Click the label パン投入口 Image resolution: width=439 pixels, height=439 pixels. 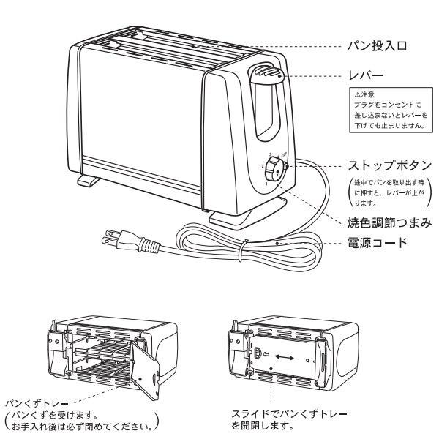click(x=377, y=46)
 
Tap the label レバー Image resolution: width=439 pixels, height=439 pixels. click(x=365, y=75)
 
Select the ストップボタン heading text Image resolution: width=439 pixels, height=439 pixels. click(x=390, y=165)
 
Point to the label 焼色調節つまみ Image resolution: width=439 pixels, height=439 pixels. click(x=389, y=223)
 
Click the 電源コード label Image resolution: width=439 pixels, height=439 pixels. click(x=377, y=242)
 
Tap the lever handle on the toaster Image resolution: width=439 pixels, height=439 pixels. click(x=266, y=73)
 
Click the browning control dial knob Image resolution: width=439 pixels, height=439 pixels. click(x=274, y=169)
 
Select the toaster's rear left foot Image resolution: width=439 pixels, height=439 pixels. click(x=88, y=181)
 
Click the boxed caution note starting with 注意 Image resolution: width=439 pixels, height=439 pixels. click(x=391, y=110)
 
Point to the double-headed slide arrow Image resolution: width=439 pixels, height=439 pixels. click(x=285, y=357)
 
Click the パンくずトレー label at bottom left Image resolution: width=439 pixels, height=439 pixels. click(x=37, y=404)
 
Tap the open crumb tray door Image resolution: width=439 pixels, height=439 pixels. click(x=145, y=370)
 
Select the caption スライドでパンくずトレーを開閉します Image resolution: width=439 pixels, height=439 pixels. click(x=289, y=420)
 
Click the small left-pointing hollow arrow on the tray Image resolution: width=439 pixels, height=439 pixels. click(x=266, y=354)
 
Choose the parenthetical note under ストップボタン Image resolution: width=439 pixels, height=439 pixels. click(x=389, y=193)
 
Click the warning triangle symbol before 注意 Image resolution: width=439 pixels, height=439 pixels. click(x=357, y=94)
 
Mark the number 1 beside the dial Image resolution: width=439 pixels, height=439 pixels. click(x=266, y=184)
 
